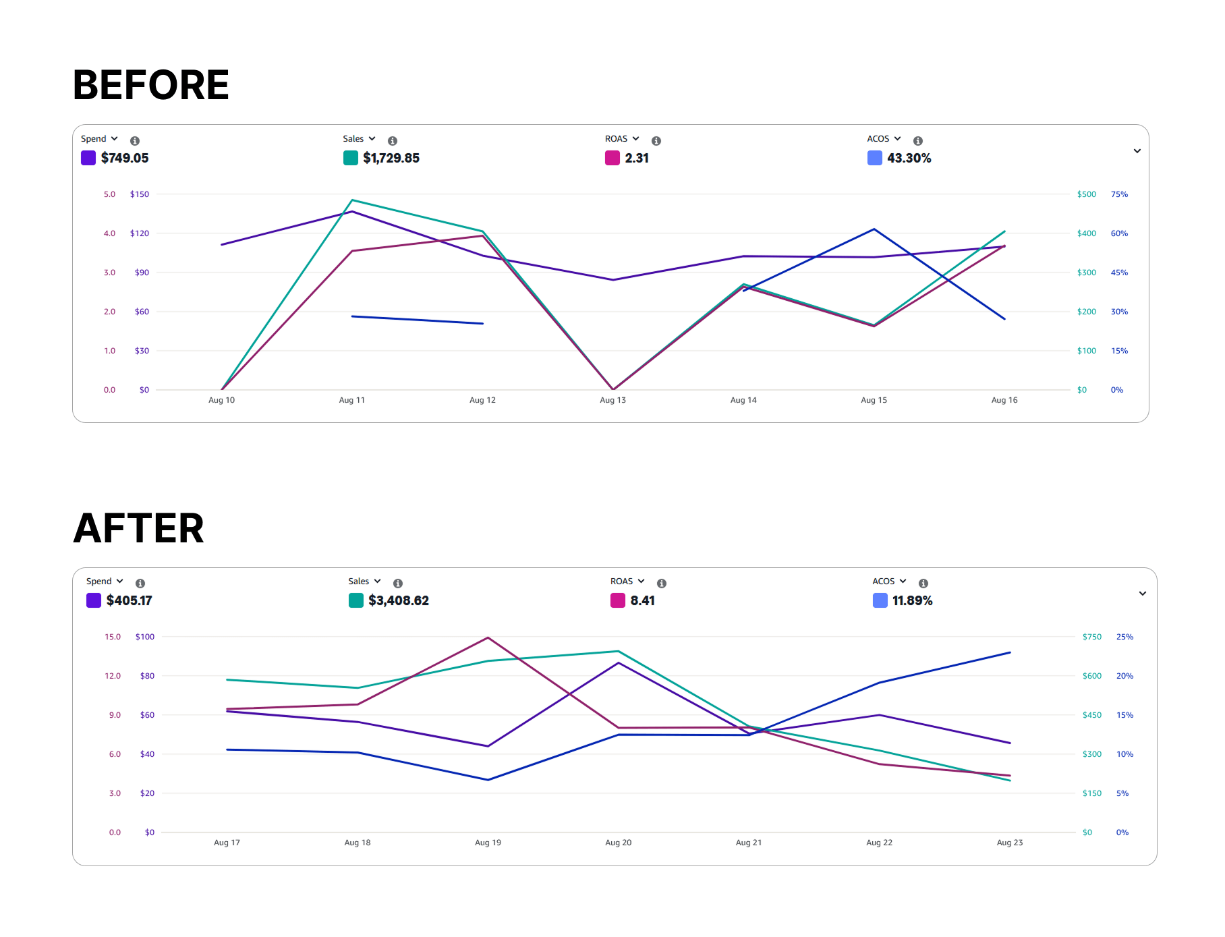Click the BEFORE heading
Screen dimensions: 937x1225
pyautogui.click(x=151, y=86)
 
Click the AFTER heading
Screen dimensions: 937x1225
pyautogui.click(x=139, y=528)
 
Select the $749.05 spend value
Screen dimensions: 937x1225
pyautogui.click(x=125, y=158)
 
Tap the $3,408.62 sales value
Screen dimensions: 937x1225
pyautogui.click(x=399, y=600)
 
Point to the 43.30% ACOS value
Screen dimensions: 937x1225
pyautogui.click(x=909, y=158)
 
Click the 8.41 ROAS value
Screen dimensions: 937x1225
pyautogui.click(x=642, y=600)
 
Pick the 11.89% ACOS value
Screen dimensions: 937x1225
pyautogui.click(x=912, y=600)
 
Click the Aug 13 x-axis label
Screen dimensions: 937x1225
pyautogui.click(x=612, y=400)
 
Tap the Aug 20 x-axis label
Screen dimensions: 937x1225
pyautogui.click(x=618, y=843)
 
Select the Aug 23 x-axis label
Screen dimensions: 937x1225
pyautogui.click(x=1009, y=843)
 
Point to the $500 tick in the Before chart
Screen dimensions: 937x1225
pyautogui.click(x=1086, y=194)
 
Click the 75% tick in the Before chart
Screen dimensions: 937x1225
pyautogui.click(x=1119, y=194)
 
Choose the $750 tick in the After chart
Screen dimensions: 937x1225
pyautogui.click(x=1091, y=637)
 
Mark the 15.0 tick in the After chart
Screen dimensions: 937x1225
pyautogui.click(x=113, y=637)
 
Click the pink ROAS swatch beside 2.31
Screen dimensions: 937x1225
pyautogui.click(x=612, y=158)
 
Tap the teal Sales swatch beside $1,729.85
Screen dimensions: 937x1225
pyautogui.click(x=351, y=158)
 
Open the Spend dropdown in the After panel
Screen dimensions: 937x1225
pyautogui.click(x=105, y=581)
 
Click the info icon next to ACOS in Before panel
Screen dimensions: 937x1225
pyautogui.click(x=917, y=141)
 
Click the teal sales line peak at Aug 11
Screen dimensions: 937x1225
pyautogui.click(x=352, y=200)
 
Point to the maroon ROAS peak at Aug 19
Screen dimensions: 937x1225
pyautogui.click(x=488, y=637)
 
